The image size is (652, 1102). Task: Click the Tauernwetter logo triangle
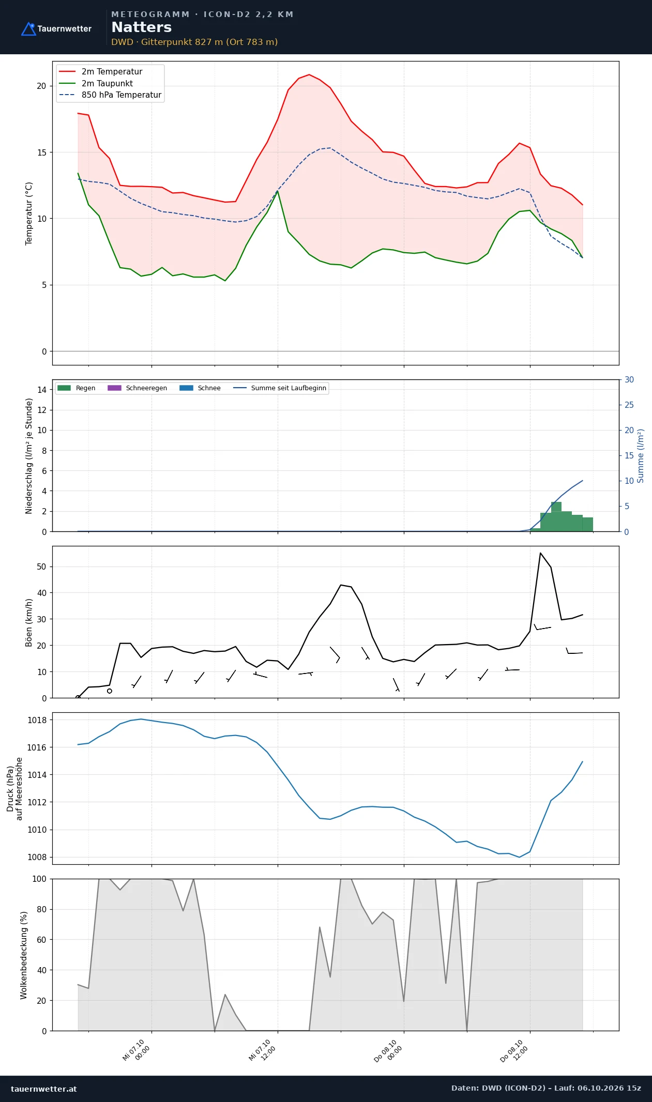coord(28,29)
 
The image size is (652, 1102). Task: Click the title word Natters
coord(141,27)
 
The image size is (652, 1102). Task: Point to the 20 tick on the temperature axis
coord(41,86)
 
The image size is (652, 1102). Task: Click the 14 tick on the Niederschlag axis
coord(42,390)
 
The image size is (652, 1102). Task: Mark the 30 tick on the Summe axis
coord(629,379)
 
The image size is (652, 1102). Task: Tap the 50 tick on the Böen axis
coord(41,567)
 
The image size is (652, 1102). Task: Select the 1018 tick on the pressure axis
coord(37,720)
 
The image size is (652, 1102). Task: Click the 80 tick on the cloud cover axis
coord(41,909)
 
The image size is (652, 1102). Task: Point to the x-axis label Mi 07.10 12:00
coord(262,1050)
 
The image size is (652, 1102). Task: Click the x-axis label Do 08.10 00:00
coord(388,1050)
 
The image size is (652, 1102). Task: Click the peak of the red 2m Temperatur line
coord(309,74)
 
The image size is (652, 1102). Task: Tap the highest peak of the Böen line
coord(540,553)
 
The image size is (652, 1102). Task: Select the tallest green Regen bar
coord(556,517)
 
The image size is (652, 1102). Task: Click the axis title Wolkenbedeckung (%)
coord(24,955)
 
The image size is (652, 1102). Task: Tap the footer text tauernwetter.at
coord(43,1089)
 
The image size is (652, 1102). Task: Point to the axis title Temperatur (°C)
coord(29,213)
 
